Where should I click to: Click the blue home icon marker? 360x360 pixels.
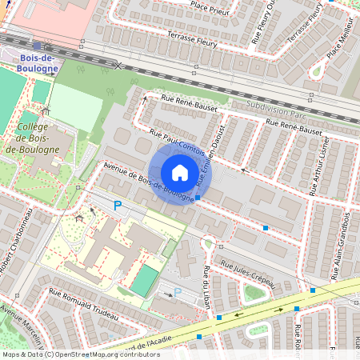pos(180,173)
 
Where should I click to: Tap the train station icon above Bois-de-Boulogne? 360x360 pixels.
pos(37,46)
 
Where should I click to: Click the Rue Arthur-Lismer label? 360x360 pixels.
pos(322,168)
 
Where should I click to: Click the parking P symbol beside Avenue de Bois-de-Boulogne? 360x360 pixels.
pos(118,206)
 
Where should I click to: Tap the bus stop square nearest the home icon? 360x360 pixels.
pos(198,197)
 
